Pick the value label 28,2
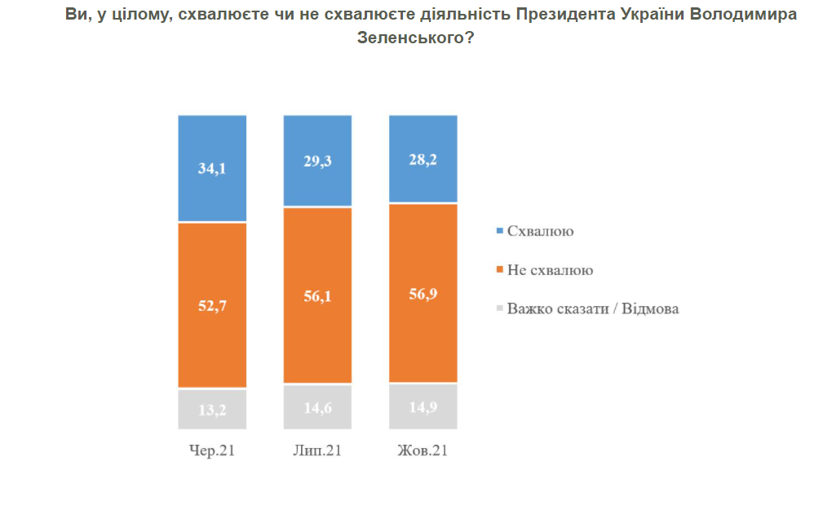[x=423, y=160]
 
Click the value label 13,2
[x=212, y=410]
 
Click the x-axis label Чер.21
[x=212, y=451]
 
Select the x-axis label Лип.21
[x=317, y=451]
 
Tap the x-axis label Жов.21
[x=423, y=451]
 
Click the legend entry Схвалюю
[x=540, y=231]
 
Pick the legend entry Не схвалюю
[x=549, y=270]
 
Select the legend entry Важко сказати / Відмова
[x=592, y=309]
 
